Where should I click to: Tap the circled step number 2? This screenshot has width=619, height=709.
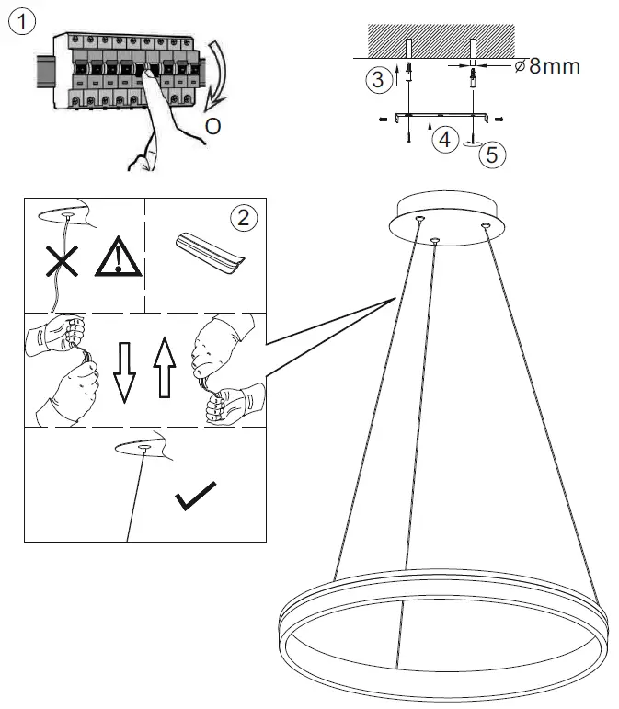[x=242, y=218]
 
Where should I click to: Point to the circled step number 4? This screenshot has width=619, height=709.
[x=444, y=140]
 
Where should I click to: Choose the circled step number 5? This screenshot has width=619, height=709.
[x=492, y=154]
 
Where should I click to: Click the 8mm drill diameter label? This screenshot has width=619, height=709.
[x=549, y=66]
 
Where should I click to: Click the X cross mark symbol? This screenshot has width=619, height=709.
[x=62, y=261]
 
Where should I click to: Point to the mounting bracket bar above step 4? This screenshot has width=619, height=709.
[x=438, y=116]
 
